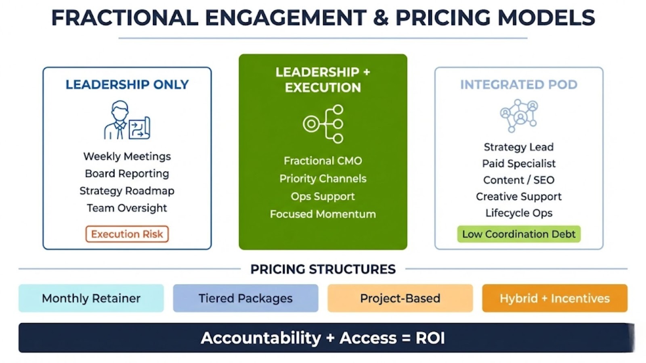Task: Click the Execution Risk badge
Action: pos(127,234)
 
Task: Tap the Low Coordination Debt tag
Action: pos(519,234)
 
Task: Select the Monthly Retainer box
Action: pos(91,298)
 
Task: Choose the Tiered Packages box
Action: pos(246,298)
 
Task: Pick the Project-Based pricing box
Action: pos(400,298)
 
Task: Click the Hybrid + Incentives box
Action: pos(555,298)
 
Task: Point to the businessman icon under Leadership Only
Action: pos(127,120)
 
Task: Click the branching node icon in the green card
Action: pos(323,124)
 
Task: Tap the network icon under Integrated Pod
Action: pos(519,115)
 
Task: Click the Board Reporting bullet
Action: pos(127,173)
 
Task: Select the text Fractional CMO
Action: pos(323,161)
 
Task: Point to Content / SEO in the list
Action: pos(519,180)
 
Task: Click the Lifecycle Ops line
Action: pos(519,213)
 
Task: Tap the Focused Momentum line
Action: pos(323,214)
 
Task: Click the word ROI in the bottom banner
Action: pos(430,338)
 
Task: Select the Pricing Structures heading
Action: pos(323,269)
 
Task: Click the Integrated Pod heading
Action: pos(519,85)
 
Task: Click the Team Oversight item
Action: pos(127,208)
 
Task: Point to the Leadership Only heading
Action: pos(127,85)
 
